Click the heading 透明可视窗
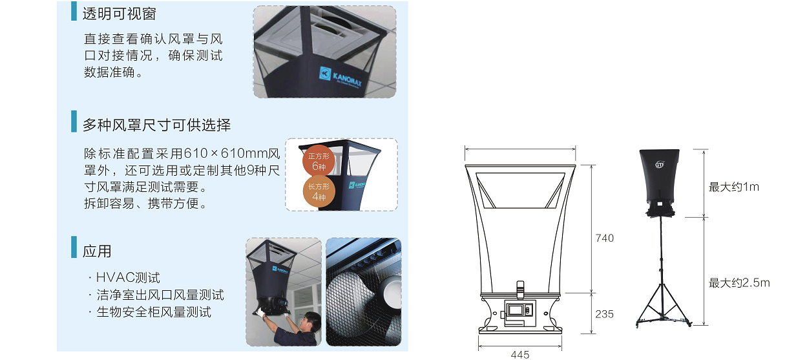(x=120, y=14)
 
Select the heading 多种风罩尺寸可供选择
(x=157, y=125)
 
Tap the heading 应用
(x=97, y=251)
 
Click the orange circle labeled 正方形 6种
(x=319, y=161)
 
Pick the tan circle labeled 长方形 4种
(x=319, y=191)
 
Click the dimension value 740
(x=605, y=238)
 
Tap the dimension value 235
(x=605, y=314)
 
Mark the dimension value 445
(x=520, y=355)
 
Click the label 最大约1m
(x=734, y=187)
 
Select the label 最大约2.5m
(x=739, y=283)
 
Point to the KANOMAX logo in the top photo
(x=341, y=77)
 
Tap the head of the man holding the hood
(x=312, y=322)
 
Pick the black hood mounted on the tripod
(x=660, y=182)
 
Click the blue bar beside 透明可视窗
(x=74, y=11)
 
